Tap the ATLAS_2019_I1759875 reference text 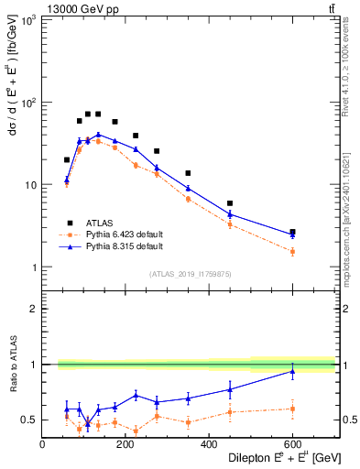[189, 274]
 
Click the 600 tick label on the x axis [292, 443]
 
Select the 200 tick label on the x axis [125, 443]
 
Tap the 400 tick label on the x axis [209, 443]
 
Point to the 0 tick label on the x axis [43, 443]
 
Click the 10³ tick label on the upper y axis [27, 19]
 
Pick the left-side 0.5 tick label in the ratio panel [30, 420]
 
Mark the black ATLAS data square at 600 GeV [292, 232]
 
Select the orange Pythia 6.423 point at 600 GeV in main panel [292, 251]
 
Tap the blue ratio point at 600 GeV [292, 371]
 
